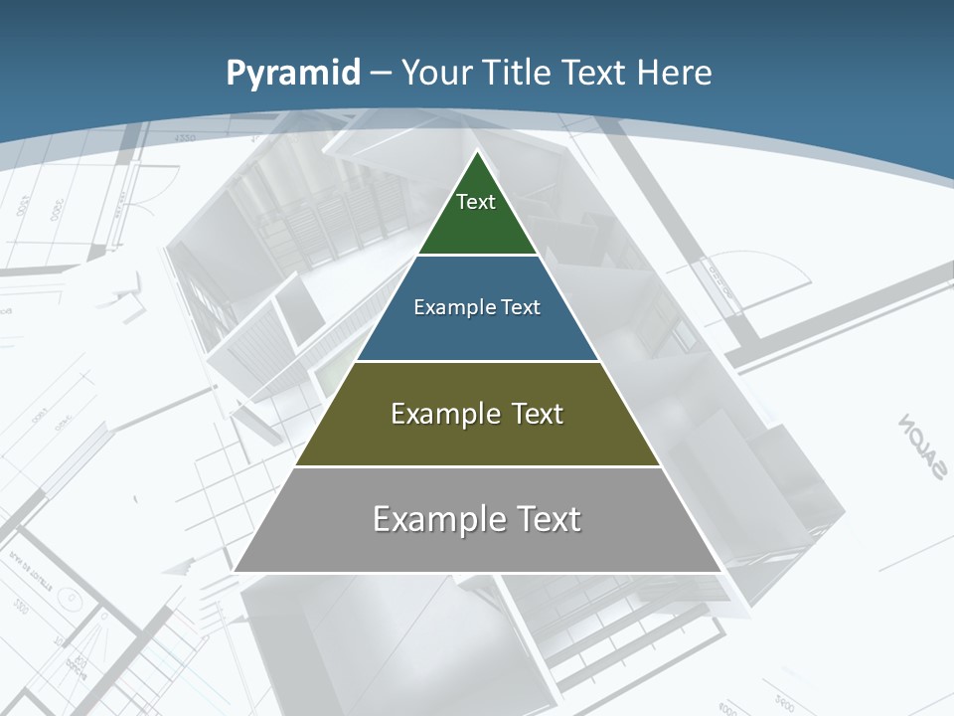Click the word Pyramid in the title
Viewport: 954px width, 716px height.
293,74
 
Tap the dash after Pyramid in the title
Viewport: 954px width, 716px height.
380,74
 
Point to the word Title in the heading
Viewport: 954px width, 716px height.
520,73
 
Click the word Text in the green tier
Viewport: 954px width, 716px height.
476,202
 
